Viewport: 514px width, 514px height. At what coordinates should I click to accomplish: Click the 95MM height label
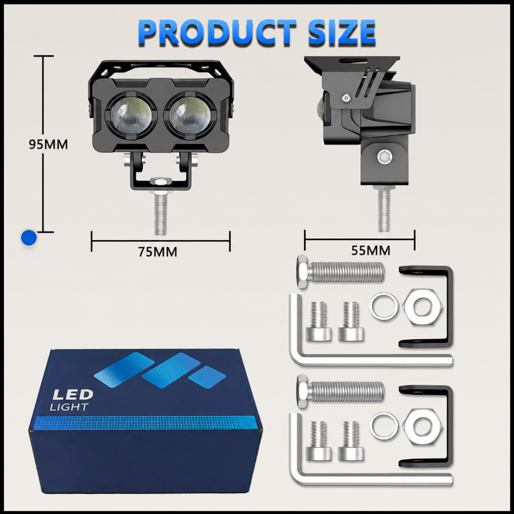point(48,145)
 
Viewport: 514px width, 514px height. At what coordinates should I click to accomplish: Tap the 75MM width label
point(157,252)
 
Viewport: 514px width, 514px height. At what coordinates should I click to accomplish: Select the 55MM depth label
point(371,250)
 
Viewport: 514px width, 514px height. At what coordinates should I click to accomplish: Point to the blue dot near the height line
point(29,237)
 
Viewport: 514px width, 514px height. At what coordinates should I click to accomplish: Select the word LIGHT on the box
point(69,407)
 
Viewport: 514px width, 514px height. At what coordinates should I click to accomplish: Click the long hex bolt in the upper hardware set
point(341,272)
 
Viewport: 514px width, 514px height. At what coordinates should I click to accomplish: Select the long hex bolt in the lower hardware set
point(341,391)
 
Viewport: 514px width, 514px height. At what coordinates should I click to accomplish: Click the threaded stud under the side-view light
point(384,208)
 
